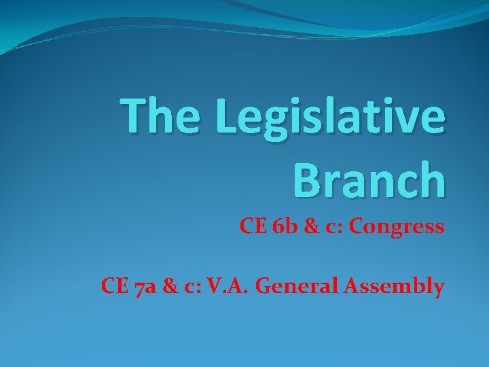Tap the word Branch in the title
pyautogui.click(x=369, y=179)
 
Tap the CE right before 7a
pyautogui.click(x=113, y=286)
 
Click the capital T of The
pyautogui.click(x=132, y=116)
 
